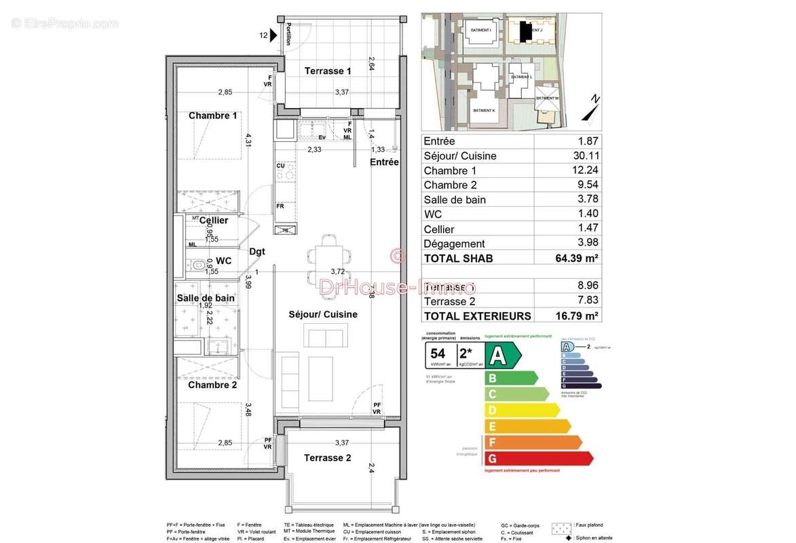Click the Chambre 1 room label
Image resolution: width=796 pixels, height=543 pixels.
tap(212, 115)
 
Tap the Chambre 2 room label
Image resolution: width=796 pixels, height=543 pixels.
tap(212, 385)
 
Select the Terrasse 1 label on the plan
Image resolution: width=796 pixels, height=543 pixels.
tap(328, 71)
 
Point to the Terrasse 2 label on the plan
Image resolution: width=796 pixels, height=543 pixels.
tap(328, 457)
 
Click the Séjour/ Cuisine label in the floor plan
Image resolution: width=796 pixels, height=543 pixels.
tap(323, 314)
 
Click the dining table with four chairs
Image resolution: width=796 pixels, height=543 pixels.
tap(328, 255)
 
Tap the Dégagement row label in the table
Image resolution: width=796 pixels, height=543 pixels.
tap(454, 244)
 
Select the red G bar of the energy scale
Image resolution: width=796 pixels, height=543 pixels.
tap(536, 459)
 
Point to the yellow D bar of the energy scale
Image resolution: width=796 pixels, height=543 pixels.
tap(520, 410)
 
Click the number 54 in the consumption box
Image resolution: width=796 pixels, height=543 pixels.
tap(438, 354)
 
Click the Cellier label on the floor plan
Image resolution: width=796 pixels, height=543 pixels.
tap(214, 221)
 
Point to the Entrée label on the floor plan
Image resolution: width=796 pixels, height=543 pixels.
tap(384, 162)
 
